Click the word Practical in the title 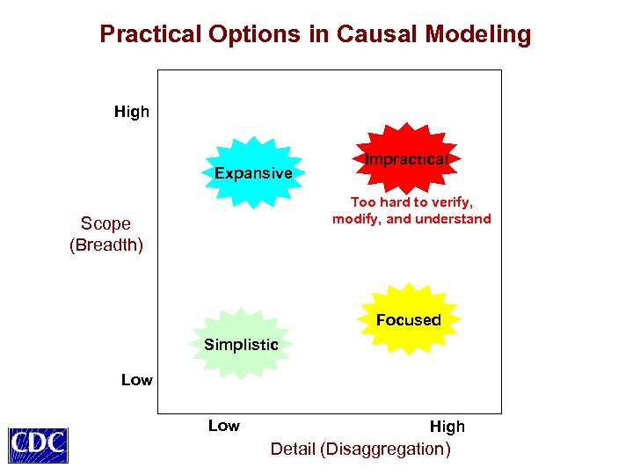point(150,34)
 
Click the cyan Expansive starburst point(253,172)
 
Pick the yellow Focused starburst point(409,318)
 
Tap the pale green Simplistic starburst point(241,344)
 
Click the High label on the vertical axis point(132,112)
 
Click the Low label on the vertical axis point(136,380)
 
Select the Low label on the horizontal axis point(223,426)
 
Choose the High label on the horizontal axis point(447,427)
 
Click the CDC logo point(38,444)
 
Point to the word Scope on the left point(105,223)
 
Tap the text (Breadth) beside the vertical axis point(105,245)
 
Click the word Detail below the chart point(293,449)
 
